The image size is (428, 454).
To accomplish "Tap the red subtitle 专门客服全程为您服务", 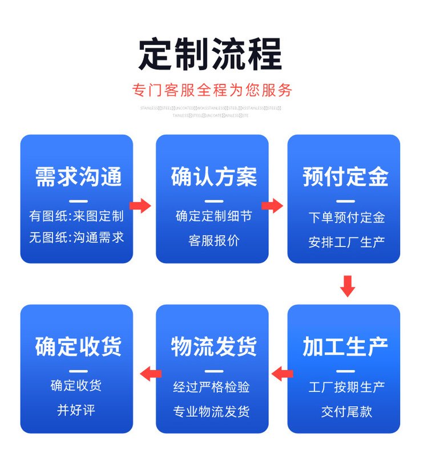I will [x=212, y=90].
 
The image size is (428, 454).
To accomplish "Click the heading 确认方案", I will [x=213, y=176].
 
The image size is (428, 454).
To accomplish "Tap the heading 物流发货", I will [x=213, y=346].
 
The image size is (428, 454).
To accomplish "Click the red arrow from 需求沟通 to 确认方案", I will [x=140, y=205].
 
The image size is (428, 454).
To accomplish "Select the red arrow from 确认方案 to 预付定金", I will [x=273, y=205].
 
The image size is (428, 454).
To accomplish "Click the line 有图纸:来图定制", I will [x=76, y=216].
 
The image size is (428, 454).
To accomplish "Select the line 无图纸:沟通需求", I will [x=76, y=237].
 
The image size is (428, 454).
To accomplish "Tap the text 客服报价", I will [x=213, y=241].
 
